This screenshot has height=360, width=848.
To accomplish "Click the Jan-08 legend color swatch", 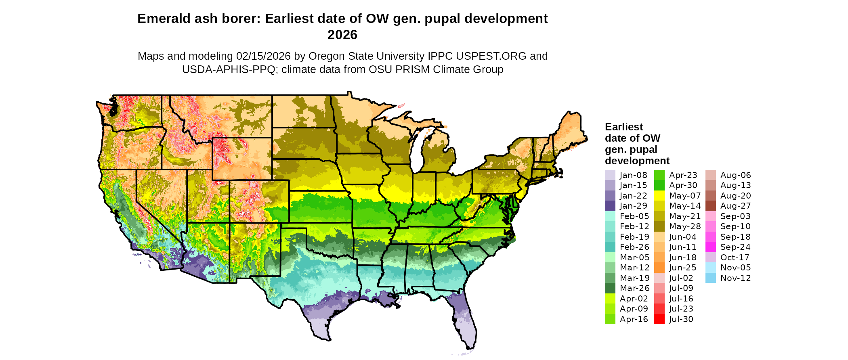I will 610,175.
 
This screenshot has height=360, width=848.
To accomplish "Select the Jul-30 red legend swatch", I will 659,319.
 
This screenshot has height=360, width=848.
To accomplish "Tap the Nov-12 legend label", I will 735,278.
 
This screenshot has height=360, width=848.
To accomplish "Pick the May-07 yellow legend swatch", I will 659,196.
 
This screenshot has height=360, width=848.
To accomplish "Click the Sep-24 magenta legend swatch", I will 710,247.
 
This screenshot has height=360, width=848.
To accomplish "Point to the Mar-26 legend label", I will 634,288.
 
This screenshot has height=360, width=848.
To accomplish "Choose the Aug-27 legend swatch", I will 710,206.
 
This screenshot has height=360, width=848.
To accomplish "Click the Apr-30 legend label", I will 683,185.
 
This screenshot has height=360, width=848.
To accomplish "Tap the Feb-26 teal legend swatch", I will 610,247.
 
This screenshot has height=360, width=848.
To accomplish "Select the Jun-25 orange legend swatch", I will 659,268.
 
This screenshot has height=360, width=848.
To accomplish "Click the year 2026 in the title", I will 342,35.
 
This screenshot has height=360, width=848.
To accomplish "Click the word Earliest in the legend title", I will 623,127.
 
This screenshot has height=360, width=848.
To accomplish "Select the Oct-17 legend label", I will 735,257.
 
